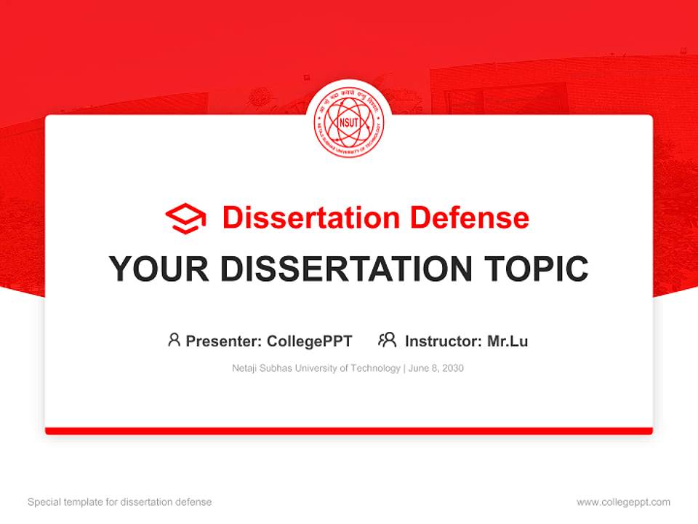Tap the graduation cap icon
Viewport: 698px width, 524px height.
(x=185, y=218)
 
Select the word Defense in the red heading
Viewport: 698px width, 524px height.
(x=469, y=218)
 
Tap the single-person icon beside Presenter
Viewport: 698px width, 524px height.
(x=174, y=340)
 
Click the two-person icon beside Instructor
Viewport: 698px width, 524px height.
(x=388, y=340)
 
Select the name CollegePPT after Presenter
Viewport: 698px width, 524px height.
(x=310, y=341)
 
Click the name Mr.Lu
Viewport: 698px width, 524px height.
(x=508, y=341)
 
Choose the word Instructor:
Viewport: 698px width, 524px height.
(x=443, y=341)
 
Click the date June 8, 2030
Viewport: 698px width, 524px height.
(x=436, y=368)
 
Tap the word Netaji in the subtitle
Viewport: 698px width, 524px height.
(x=246, y=368)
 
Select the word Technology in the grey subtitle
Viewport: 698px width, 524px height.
(x=375, y=368)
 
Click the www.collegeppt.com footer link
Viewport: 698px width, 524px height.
(x=623, y=502)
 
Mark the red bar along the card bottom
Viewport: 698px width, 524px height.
(x=349, y=431)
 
